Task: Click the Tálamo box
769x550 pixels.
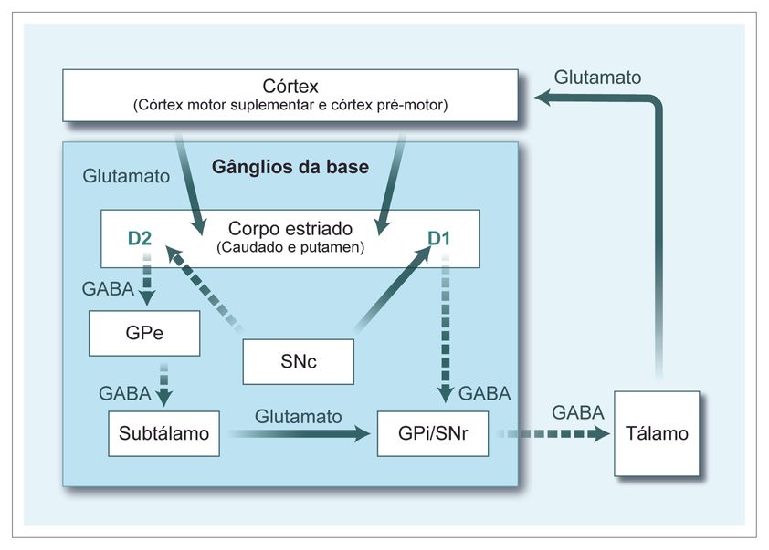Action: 657,433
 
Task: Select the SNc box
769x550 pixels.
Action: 298,361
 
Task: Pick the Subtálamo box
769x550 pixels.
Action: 164,434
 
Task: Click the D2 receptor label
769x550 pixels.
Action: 140,240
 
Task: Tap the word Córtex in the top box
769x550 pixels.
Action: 290,87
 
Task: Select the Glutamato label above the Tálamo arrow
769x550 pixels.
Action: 597,77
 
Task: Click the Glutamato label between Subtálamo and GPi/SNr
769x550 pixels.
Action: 299,416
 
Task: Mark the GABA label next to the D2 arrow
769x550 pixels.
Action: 108,291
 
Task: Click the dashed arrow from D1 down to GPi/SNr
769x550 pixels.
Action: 445,328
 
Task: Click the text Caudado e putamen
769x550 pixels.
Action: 290,248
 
